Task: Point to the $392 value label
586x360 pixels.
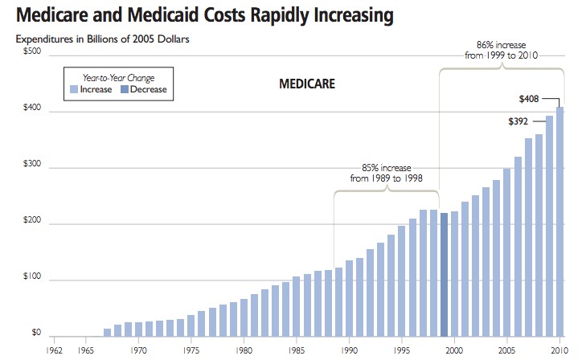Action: coord(519,121)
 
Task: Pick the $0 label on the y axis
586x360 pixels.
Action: coord(37,332)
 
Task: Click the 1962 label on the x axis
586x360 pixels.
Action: coord(55,350)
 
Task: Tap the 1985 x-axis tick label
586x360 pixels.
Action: coord(297,350)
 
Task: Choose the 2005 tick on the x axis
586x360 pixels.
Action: coord(507,350)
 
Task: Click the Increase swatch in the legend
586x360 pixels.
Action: coord(74,90)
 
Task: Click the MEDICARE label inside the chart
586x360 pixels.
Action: coord(306,84)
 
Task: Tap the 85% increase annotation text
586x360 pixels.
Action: coord(387,172)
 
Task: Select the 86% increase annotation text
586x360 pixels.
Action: coord(501,50)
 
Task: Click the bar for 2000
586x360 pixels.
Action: coord(455,274)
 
